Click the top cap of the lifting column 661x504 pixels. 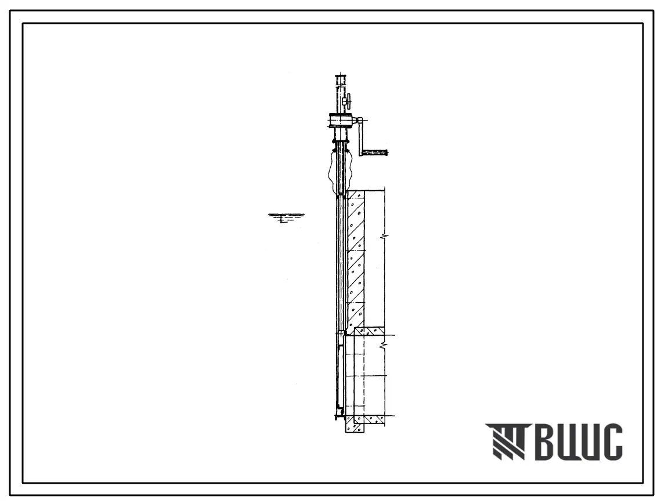click(341, 78)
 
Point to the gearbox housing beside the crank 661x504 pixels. click(341, 121)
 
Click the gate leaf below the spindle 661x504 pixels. click(339, 375)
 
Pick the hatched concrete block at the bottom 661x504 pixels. click(354, 424)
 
